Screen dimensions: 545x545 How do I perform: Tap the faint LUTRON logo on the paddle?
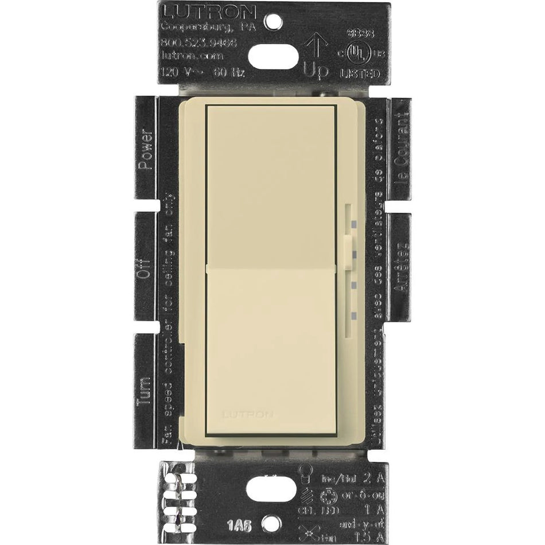click(x=246, y=412)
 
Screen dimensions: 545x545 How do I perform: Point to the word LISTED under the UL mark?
click(x=360, y=74)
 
